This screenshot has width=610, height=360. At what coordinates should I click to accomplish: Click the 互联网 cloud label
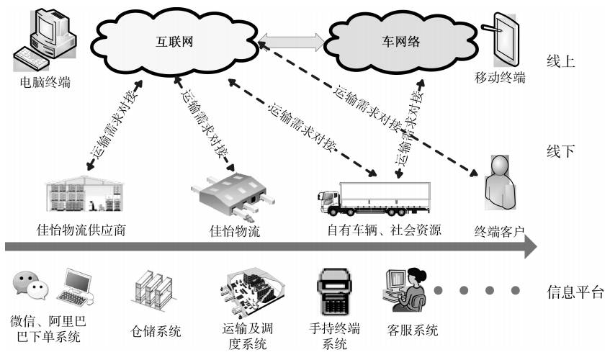pyautogui.click(x=176, y=41)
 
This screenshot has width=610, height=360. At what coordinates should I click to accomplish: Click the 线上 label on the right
pyautogui.click(x=561, y=61)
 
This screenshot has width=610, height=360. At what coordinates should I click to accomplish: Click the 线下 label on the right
pyautogui.click(x=561, y=151)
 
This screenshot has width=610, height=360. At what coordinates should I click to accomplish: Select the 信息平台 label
pyautogui.click(x=574, y=292)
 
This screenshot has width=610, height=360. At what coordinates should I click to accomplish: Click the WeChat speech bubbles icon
pyautogui.click(x=30, y=286)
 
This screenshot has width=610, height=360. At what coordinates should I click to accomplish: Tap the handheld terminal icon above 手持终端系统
pyautogui.click(x=333, y=292)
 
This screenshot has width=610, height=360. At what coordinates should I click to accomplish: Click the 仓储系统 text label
pyautogui.click(x=156, y=332)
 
